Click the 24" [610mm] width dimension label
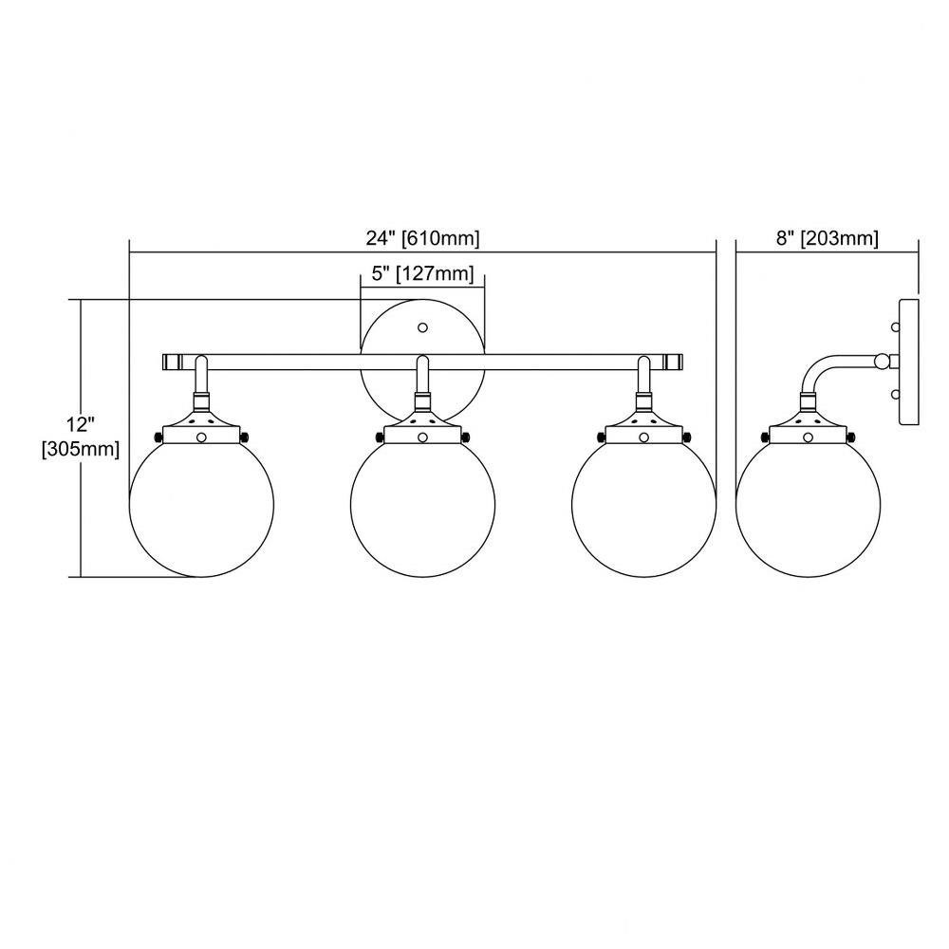coord(422,238)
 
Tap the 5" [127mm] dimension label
coord(422,273)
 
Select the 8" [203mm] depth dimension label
coord(827,238)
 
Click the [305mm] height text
coord(81,450)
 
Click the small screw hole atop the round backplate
coord(423,327)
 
